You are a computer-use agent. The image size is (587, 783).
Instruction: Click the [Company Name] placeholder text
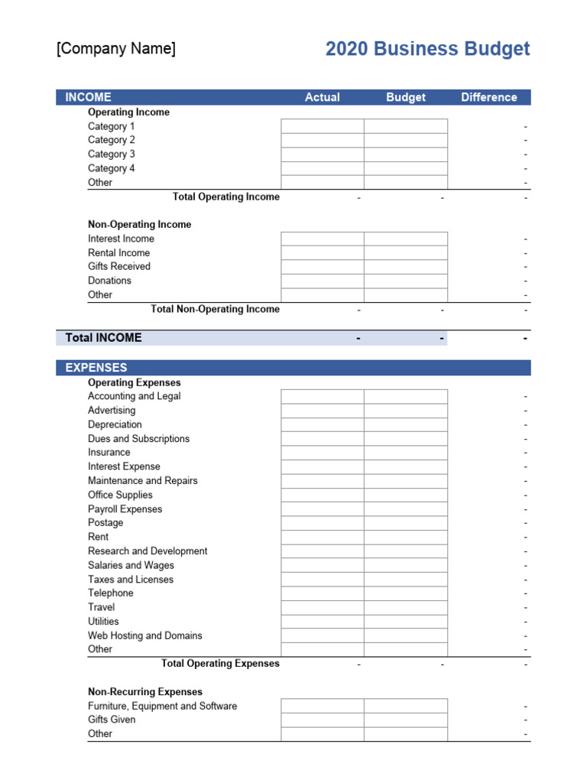[x=116, y=49]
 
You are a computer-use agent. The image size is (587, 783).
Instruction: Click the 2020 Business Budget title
[x=427, y=49]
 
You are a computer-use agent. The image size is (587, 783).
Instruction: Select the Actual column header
[x=322, y=97]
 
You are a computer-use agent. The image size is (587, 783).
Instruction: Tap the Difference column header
[x=488, y=97]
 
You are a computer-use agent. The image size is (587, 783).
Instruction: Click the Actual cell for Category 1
[x=322, y=126]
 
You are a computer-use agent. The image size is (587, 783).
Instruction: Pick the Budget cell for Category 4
[x=405, y=168]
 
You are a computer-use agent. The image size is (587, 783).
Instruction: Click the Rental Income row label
[x=118, y=252]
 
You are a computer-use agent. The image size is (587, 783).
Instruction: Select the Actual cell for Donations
[x=322, y=281]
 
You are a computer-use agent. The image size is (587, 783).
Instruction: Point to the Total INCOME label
[x=103, y=337]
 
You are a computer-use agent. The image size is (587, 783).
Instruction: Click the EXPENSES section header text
[x=96, y=368]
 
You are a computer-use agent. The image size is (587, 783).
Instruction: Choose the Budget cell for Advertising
[x=405, y=411]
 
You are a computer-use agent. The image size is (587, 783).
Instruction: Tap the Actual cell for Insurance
[x=322, y=453]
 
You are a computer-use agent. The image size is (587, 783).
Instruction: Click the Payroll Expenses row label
[x=125, y=509]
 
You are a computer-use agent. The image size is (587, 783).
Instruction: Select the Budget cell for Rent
[x=405, y=537]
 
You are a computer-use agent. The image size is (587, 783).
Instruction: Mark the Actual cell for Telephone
[x=322, y=593]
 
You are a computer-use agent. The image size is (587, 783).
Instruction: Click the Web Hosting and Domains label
[x=144, y=635]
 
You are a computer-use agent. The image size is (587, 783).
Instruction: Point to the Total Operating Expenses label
[x=220, y=664]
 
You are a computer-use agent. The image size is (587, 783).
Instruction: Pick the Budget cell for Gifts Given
[x=405, y=720]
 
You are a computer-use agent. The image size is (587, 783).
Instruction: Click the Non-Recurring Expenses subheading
[x=145, y=692]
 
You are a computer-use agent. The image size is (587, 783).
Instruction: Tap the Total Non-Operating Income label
[x=215, y=309]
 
